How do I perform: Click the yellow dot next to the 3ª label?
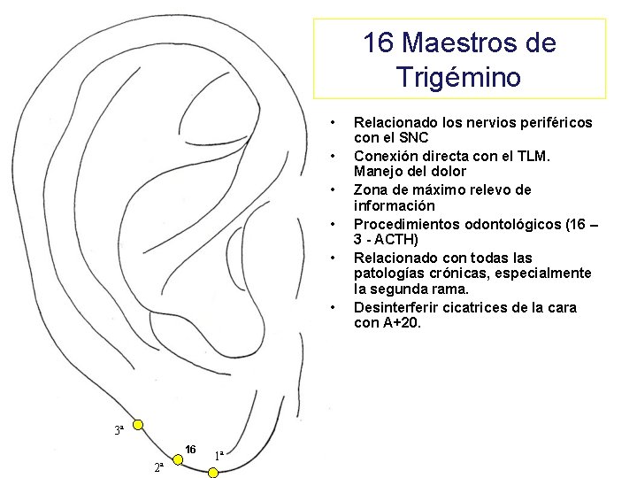(138, 427)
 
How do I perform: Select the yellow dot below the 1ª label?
(212, 473)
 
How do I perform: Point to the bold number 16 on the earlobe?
(190, 450)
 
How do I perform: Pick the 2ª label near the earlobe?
(157, 466)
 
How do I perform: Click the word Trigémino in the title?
(459, 77)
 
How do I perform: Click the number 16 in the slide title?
(378, 42)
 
